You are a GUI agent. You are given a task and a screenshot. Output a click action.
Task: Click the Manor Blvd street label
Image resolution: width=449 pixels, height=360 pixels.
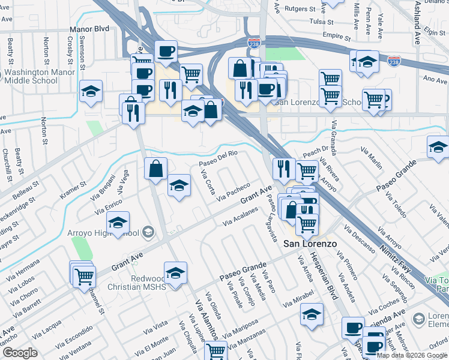click(89, 28)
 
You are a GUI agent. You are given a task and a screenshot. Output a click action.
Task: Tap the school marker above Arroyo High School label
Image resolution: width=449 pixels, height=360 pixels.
click(118, 224)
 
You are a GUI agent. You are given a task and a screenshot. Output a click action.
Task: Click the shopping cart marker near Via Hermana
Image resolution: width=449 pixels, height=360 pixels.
click(85, 275)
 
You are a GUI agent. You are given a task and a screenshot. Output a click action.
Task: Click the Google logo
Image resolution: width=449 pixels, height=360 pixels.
click(19, 353)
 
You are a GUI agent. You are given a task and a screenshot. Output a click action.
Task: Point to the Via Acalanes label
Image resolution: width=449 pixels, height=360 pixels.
click(240, 216)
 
